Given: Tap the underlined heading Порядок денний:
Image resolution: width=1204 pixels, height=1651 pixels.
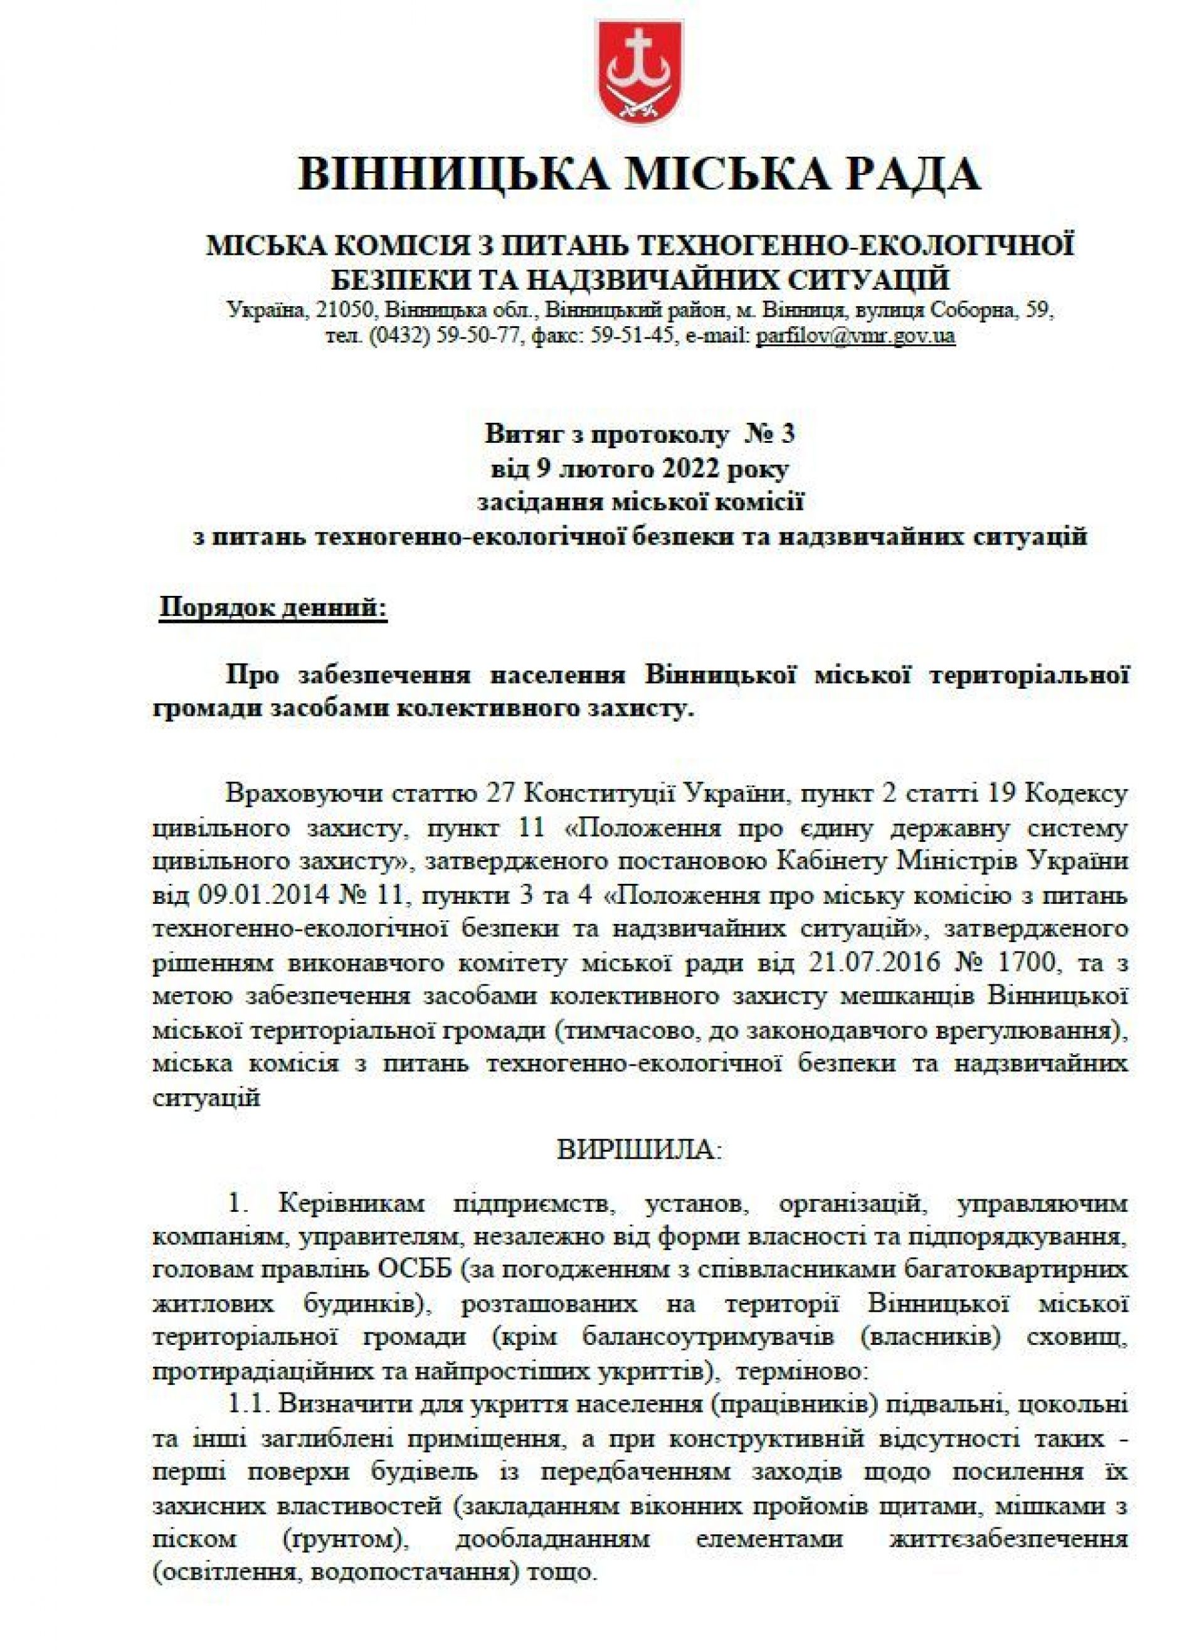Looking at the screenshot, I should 273,607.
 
